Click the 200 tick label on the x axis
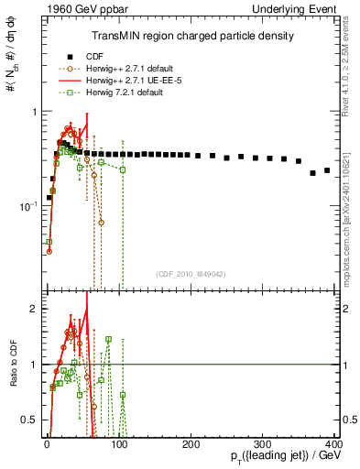191,444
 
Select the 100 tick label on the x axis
119,444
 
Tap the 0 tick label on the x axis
48,444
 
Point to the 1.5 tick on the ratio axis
32,336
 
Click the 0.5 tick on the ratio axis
32,420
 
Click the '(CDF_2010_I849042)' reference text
191,274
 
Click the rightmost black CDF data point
327,169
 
